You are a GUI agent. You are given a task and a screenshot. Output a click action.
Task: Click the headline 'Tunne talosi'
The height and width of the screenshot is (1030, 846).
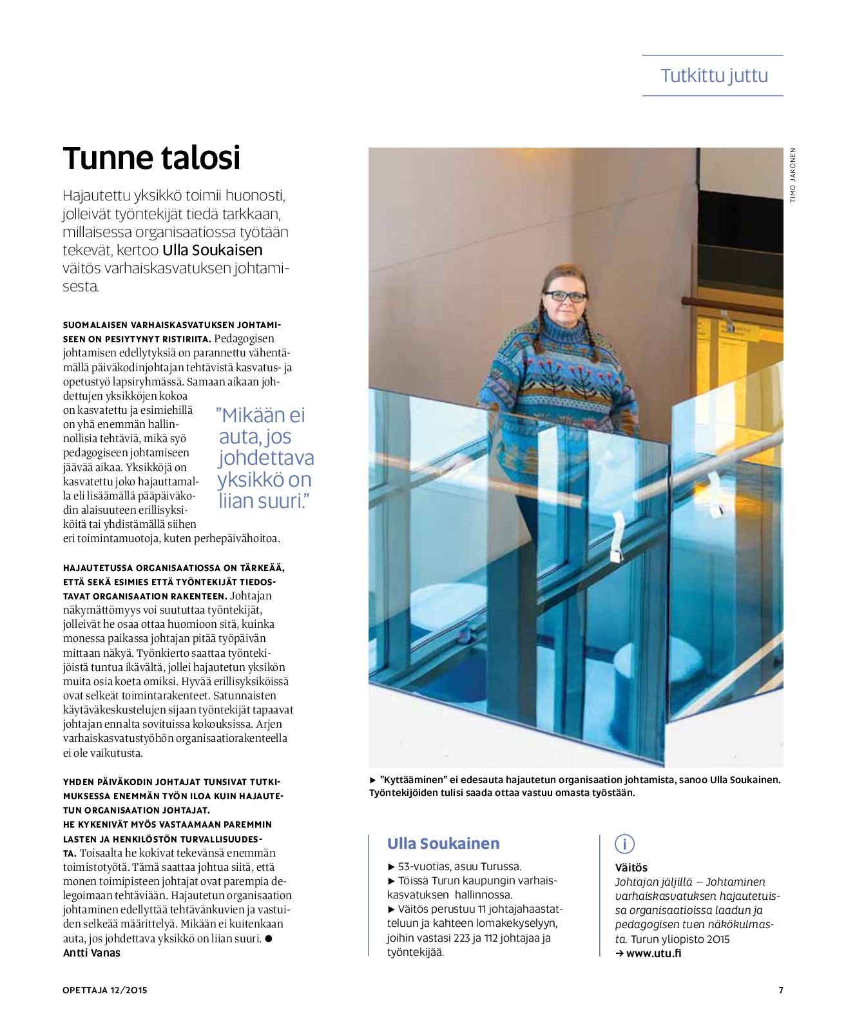151,159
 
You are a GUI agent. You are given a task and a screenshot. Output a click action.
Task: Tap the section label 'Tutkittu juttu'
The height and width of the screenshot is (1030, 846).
714,75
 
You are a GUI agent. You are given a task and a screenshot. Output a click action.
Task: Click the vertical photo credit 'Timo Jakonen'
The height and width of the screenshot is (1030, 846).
793,175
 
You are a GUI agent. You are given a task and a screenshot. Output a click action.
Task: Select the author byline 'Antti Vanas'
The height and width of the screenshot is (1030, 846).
91,953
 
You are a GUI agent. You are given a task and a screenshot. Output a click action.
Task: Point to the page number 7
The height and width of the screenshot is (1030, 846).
781,990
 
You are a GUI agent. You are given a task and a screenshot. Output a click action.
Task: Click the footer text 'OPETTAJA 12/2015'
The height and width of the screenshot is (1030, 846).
105,990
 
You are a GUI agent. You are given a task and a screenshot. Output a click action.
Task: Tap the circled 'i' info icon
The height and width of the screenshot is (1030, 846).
624,844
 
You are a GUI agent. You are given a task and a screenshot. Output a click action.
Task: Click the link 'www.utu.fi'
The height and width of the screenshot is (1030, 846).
653,953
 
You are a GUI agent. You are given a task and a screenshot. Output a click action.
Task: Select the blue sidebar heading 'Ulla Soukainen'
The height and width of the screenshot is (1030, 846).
443,844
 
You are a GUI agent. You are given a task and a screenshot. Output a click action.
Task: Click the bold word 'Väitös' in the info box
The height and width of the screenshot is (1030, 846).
631,868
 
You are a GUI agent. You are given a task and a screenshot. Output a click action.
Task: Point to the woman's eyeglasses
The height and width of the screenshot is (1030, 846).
565,296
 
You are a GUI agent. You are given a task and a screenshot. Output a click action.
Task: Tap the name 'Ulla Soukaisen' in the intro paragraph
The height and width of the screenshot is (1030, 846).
213,250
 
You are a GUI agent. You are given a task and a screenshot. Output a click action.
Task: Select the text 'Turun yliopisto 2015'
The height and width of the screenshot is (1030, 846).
680,939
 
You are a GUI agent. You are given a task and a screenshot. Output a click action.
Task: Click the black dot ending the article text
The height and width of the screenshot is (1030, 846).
269,938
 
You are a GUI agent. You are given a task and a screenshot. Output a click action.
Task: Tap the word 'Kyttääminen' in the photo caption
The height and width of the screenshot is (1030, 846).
413,779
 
